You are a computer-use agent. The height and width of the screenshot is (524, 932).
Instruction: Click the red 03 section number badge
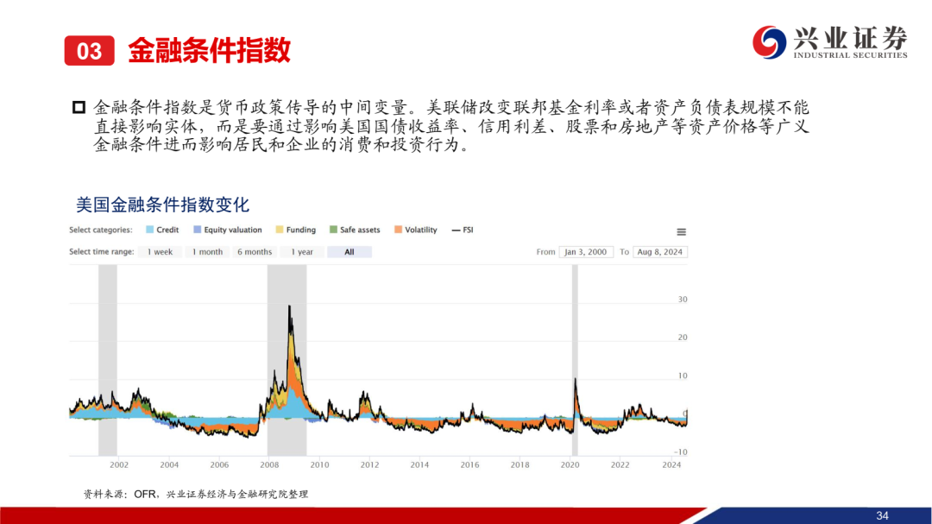[89, 51]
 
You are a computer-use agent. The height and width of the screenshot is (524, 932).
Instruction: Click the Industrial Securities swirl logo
[769, 42]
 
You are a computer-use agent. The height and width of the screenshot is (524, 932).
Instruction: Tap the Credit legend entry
[162, 230]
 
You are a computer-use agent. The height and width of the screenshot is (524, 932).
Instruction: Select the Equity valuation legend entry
[228, 230]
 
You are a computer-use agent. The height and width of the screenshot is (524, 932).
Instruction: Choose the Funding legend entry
[295, 230]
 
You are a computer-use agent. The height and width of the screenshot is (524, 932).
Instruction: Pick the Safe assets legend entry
[355, 230]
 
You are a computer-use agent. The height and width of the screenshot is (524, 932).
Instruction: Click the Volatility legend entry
[415, 230]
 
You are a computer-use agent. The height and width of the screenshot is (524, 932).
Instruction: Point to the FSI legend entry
[463, 230]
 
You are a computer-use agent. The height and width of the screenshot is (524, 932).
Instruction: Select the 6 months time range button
[255, 252]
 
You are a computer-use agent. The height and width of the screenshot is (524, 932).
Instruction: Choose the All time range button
[349, 252]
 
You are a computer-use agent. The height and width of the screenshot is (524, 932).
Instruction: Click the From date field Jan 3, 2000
[586, 252]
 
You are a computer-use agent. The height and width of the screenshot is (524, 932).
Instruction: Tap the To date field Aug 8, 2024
[660, 252]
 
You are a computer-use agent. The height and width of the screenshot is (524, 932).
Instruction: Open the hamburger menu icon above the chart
[681, 232]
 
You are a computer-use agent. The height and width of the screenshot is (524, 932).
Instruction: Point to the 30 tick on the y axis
[683, 300]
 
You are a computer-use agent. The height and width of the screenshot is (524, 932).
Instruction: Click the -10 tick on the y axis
[681, 452]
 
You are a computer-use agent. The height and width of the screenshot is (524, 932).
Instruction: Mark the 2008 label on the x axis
[269, 464]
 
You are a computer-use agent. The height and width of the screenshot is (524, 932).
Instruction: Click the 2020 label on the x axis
[570, 464]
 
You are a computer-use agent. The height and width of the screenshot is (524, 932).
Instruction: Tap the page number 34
[882, 515]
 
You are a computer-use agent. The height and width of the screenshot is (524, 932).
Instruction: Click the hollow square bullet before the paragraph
[79, 108]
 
